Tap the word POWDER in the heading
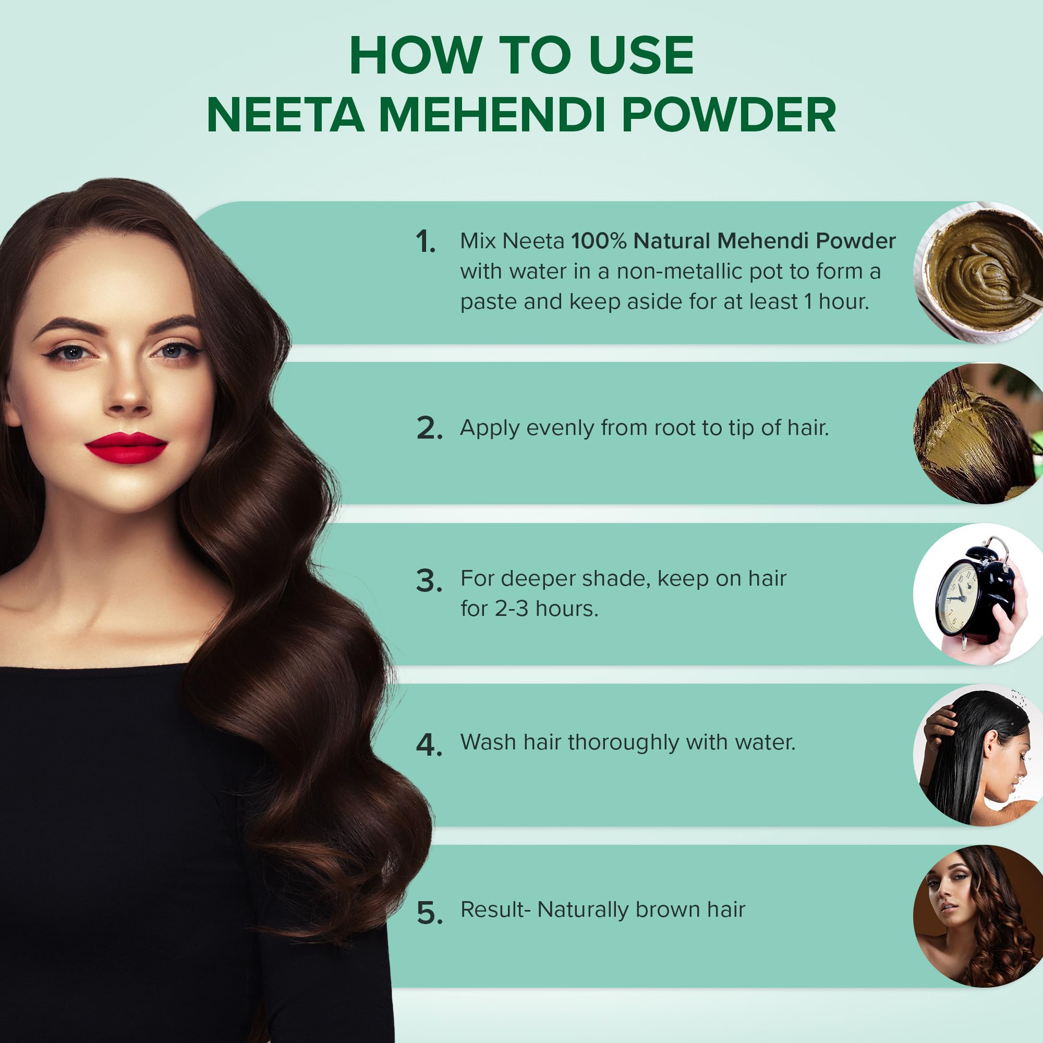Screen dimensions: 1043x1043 coord(729,114)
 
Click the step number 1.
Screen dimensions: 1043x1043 coord(426,241)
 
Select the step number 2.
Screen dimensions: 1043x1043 coord(430,428)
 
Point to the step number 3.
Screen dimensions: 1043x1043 coord(430,581)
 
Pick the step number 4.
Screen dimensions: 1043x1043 coord(430,745)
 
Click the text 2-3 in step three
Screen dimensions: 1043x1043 coord(512,609)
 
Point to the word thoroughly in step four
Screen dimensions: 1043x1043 coord(624,743)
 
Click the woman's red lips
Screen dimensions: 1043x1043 coord(126,447)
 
